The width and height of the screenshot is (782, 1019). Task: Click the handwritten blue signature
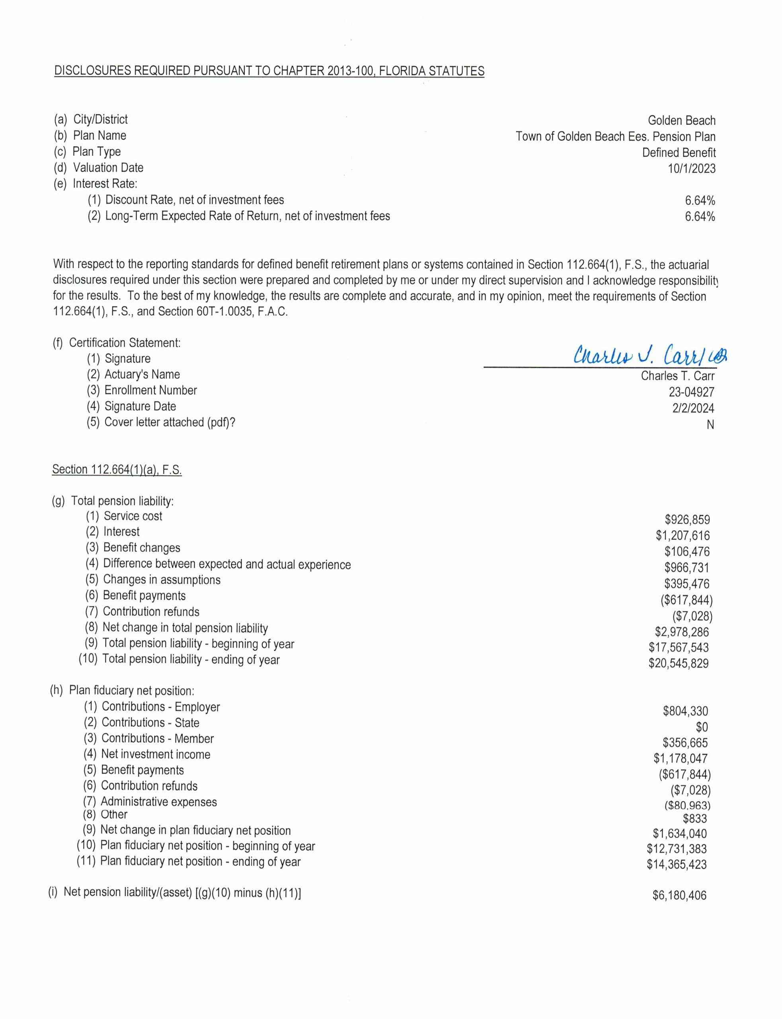pos(649,356)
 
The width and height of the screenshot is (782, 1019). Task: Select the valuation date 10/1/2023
pos(692,168)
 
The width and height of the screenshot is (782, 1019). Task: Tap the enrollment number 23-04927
pos(691,392)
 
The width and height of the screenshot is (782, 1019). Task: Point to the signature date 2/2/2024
pos(693,408)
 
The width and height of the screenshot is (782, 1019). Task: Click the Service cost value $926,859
pos(687,519)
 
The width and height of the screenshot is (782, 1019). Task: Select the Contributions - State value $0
pos(702,727)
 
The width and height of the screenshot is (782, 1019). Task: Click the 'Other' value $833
pos(694,818)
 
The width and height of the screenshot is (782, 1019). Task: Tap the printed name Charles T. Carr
pos(677,376)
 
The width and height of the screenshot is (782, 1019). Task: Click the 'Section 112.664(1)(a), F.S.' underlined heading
pos(117,470)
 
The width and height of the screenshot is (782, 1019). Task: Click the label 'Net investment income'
pos(156,754)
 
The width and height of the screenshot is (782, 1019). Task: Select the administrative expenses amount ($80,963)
pos(687,805)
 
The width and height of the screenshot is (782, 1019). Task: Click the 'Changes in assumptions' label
pos(162,580)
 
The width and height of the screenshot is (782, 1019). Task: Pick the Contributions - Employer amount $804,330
pos(685,711)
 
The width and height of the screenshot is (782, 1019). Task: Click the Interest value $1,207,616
pos(683,536)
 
